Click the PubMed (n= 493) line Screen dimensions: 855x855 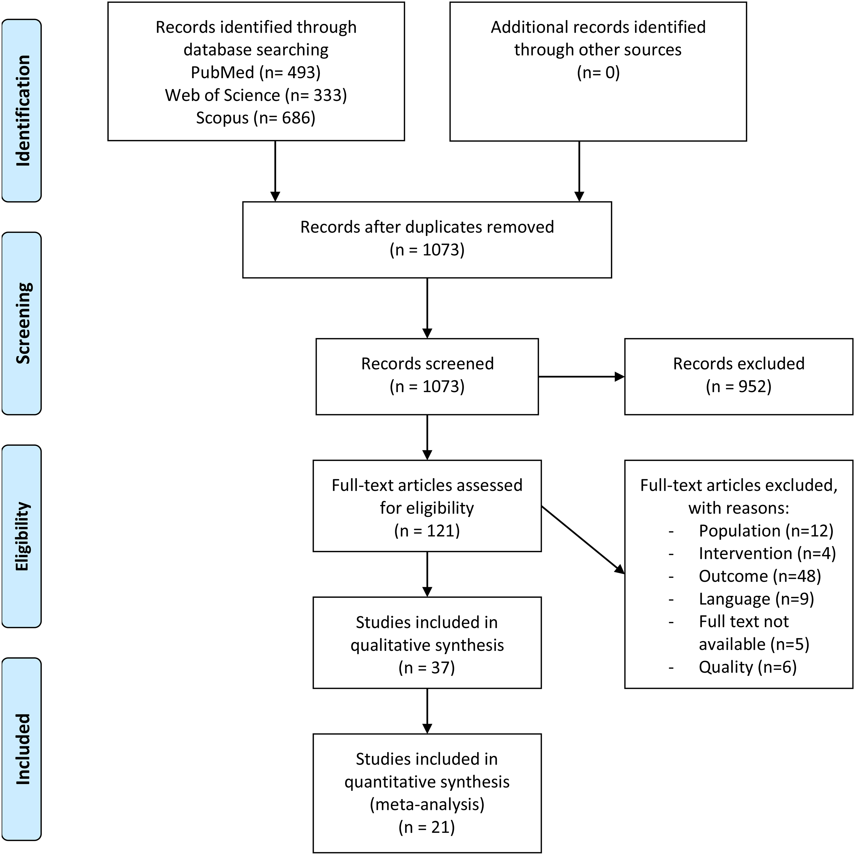click(x=256, y=72)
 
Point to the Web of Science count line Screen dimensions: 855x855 click(x=256, y=95)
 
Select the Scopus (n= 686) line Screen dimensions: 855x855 click(x=256, y=118)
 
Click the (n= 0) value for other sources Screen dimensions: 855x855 click(x=598, y=72)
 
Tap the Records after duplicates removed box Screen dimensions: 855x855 click(x=427, y=240)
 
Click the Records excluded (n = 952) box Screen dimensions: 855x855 click(x=739, y=376)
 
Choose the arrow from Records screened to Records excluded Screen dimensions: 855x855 click(x=581, y=377)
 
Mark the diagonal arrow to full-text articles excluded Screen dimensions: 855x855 click(x=583, y=540)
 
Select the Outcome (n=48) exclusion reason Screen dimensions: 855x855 click(x=760, y=576)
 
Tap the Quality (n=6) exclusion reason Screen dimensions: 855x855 click(x=748, y=667)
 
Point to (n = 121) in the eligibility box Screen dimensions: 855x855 click(x=427, y=530)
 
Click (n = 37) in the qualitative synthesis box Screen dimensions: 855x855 click(x=427, y=667)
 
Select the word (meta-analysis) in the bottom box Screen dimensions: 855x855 click(x=427, y=804)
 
